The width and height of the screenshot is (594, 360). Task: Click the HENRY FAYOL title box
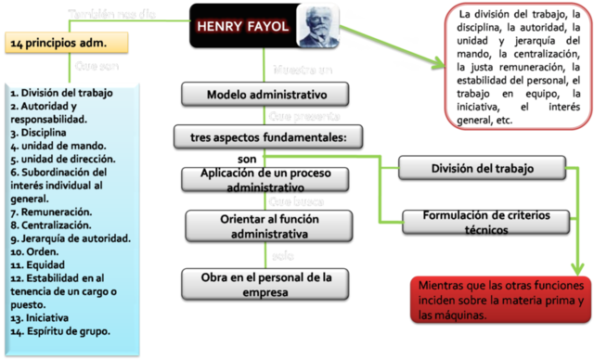coord(243,26)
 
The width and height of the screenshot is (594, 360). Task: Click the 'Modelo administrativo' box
coord(266,95)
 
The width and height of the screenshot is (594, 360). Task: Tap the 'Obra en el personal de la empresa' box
coord(266,281)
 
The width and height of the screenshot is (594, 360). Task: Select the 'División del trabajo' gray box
coord(482,168)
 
